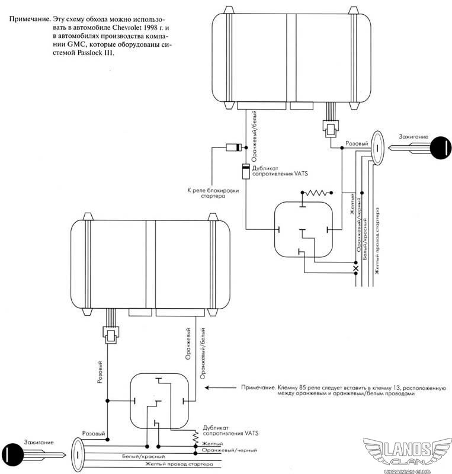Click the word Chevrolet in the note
click(126, 27)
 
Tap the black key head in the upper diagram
click(441, 148)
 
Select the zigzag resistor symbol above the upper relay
click(316, 193)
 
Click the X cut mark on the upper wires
click(356, 268)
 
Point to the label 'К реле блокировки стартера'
click(213, 193)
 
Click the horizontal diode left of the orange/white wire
click(234, 148)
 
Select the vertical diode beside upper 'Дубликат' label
click(246, 171)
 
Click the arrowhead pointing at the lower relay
click(207, 387)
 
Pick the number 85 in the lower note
click(302, 387)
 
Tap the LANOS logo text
click(408, 449)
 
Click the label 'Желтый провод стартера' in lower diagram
click(179, 464)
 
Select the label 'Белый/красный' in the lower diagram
click(143, 456)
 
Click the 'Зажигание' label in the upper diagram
click(413, 137)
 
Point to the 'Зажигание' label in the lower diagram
click(39, 442)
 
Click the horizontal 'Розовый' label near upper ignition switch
click(357, 143)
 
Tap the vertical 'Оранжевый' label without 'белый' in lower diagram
click(188, 344)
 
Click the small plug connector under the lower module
click(111, 335)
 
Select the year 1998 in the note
click(149, 27)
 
